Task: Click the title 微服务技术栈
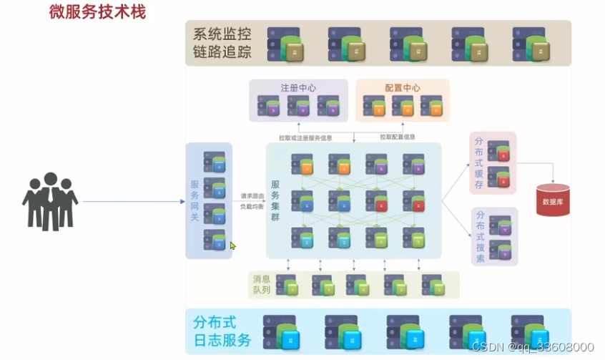click(x=97, y=11)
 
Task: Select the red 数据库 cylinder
click(x=552, y=200)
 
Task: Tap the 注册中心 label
click(x=297, y=88)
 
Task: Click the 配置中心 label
click(x=403, y=88)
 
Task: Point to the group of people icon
click(x=49, y=201)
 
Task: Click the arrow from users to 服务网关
click(x=133, y=202)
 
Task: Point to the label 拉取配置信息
click(x=398, y=137)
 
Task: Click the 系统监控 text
click(x=222, y=34)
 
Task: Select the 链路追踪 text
click(x=222, y=52)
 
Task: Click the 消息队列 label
click(x=261, y=284)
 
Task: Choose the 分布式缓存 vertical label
click(x=479, y=163)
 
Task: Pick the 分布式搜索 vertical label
click(x=479, y=237)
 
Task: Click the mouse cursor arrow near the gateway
click(x=232, y=245)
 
